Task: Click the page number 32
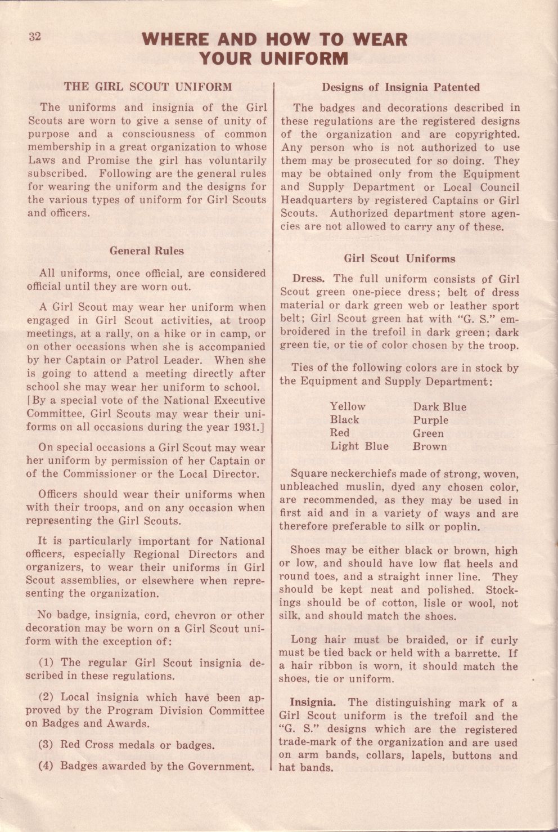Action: (35, 37)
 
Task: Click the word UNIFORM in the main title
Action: (306, 58)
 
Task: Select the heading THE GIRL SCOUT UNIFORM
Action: (147, 87)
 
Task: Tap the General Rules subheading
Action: (146, 251)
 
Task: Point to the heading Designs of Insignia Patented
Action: (400, 87)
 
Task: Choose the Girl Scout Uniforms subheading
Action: (399, 259)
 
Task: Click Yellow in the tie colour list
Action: (348, 406)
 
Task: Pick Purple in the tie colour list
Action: (430, 420)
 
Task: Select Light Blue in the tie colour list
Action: (359, 446)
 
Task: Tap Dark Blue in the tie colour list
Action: (439, 406)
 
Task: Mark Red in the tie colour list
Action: (339, 433)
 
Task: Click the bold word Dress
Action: (308, 279)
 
